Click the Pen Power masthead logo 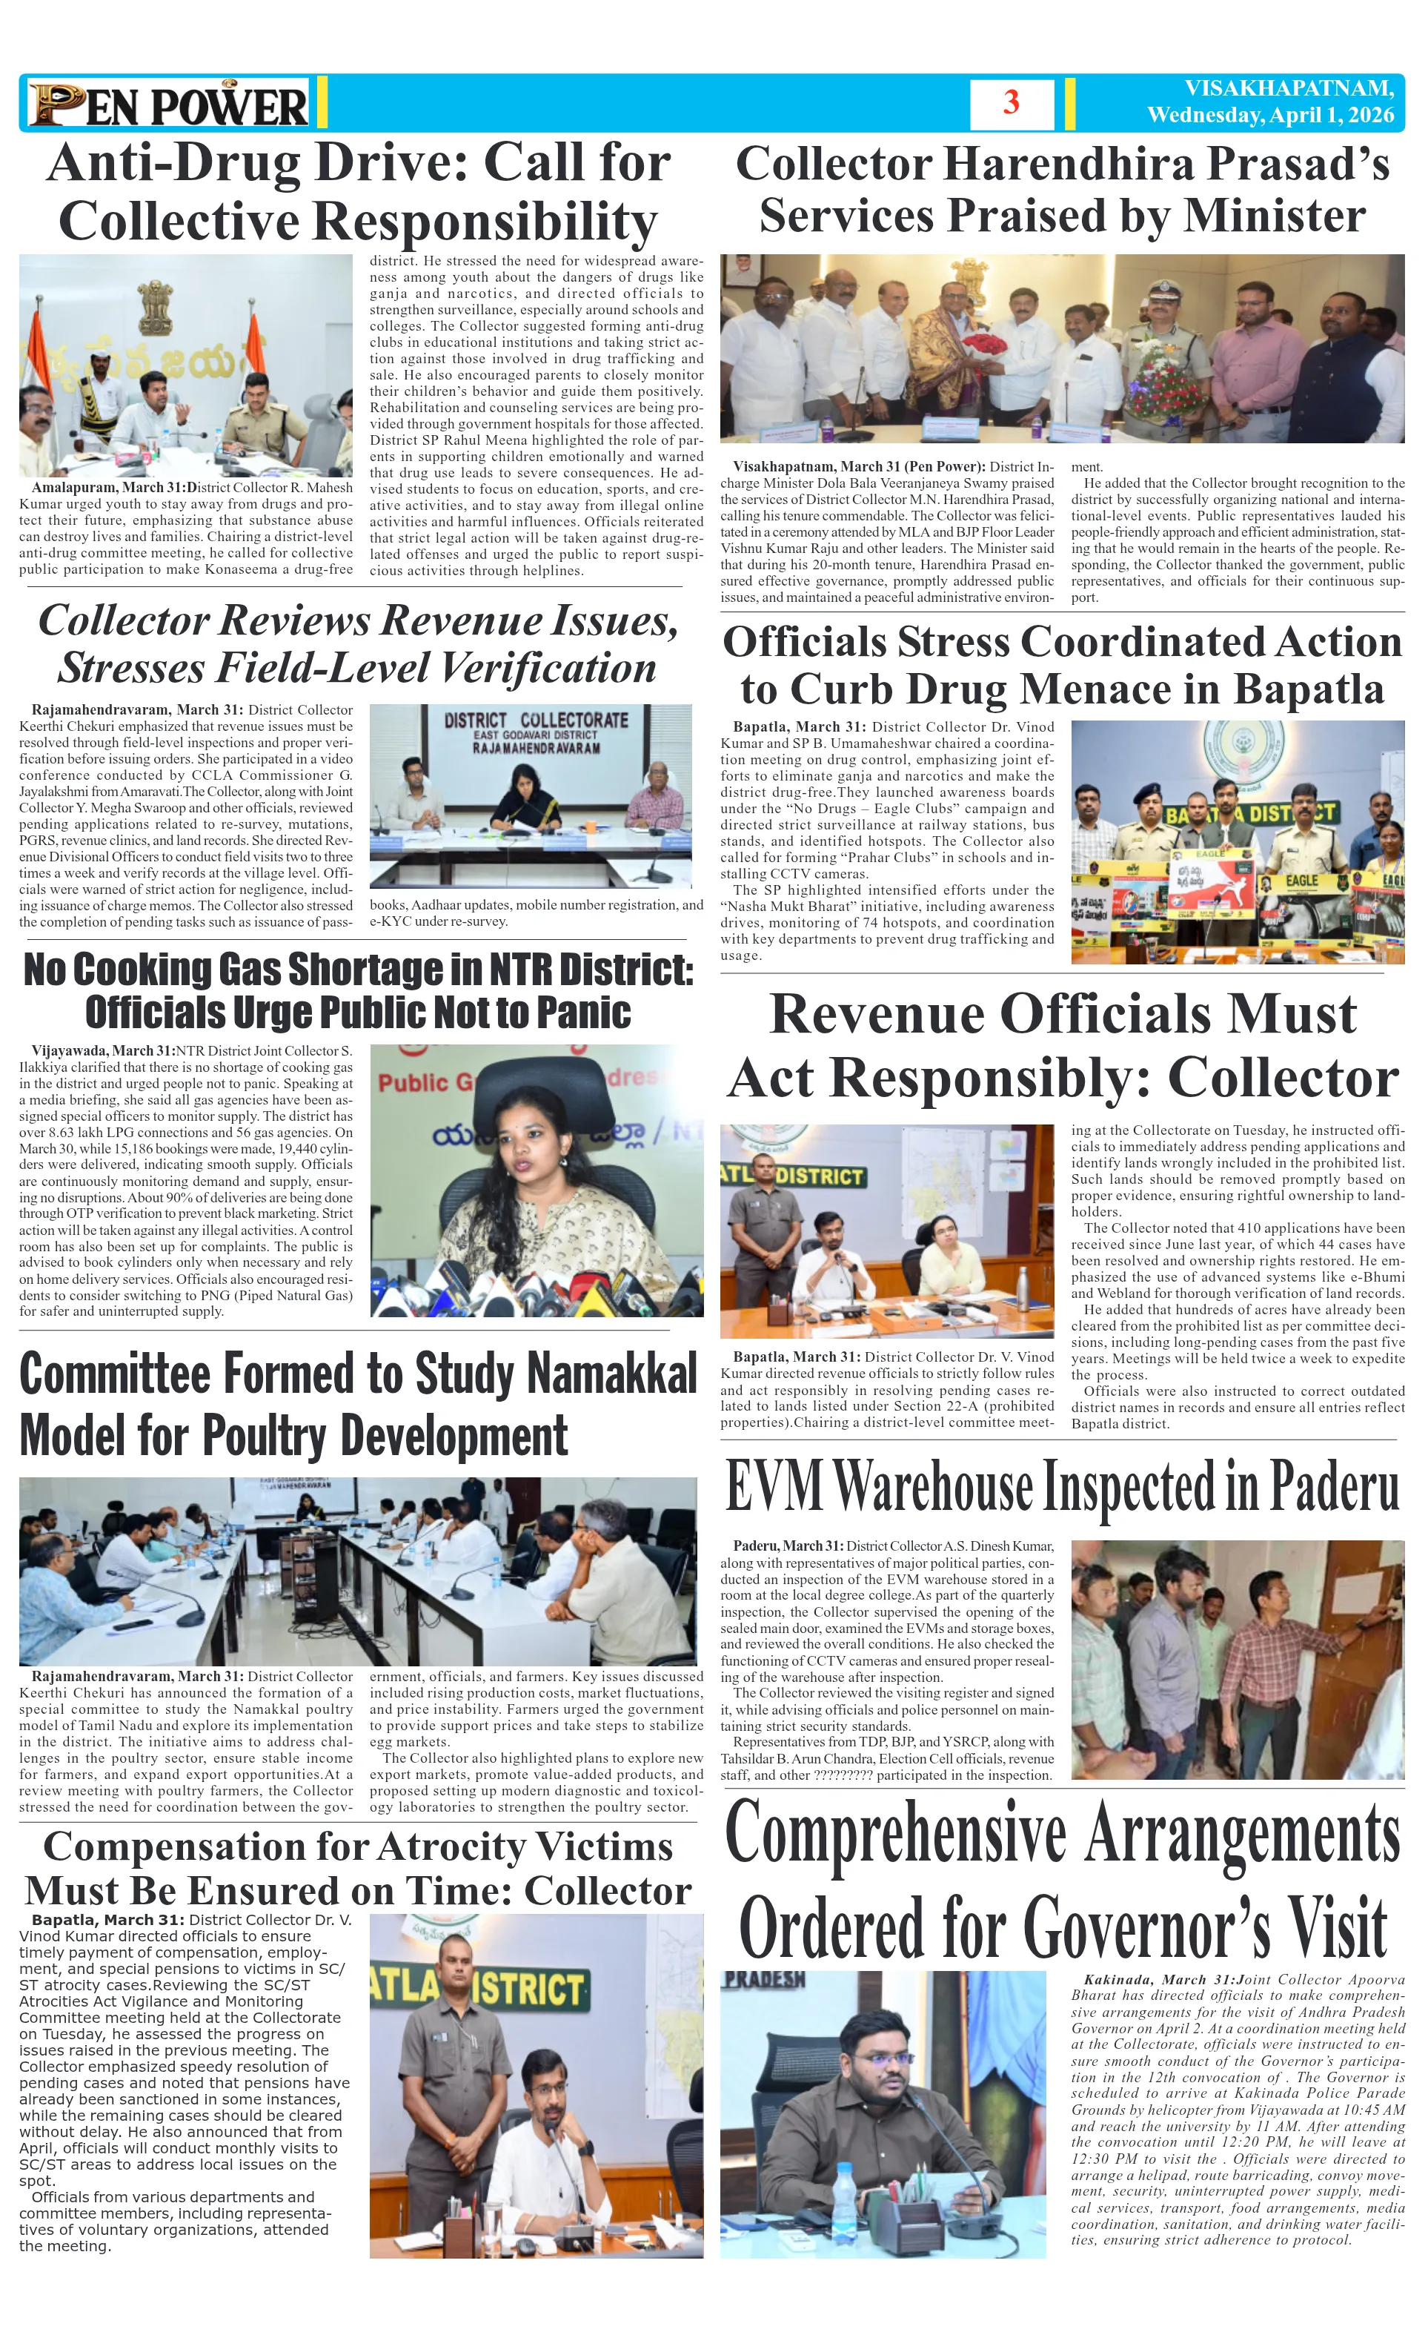(168, 104)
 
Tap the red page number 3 (1011, 102)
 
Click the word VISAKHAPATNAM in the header (1289, 89)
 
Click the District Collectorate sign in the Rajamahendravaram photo (536, 731)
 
